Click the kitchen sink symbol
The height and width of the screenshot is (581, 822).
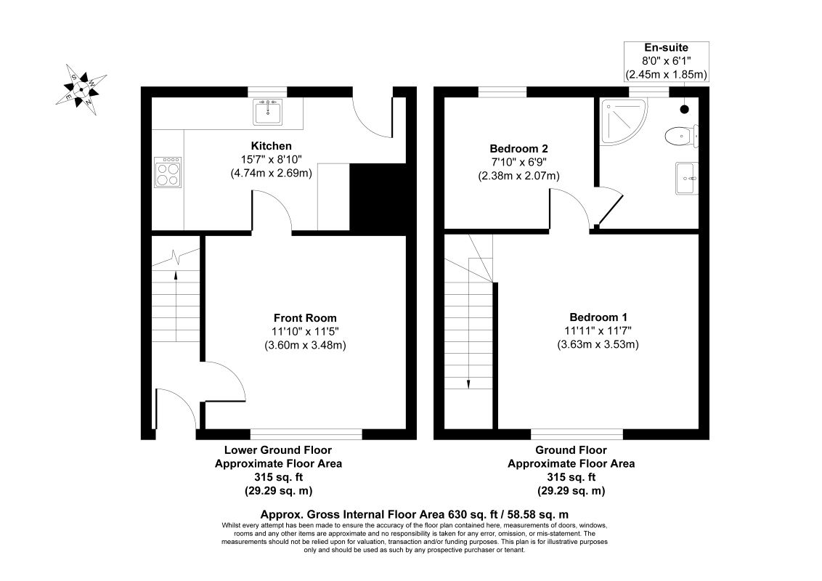(x=267, y=112)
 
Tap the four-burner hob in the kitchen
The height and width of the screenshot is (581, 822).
(x=168, y=172)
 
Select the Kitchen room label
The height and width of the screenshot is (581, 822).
(x=271, y=146)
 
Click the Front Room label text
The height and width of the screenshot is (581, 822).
(x=305, y=318)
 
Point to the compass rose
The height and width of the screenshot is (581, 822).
(x=81, y=89)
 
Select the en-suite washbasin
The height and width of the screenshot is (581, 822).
(x=687, y=178)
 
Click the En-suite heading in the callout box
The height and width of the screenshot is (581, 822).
(x=666, y=48)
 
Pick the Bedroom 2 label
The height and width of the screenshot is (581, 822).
(x=518, y=148)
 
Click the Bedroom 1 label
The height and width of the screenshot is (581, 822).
(x=598, y=317)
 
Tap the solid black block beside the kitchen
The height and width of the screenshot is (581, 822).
(x=378, y=197)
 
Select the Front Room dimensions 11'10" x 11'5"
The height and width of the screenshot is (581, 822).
(x=305, y=331)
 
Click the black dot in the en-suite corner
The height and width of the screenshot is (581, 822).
(x=684, y=109)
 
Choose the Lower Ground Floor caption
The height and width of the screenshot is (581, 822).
(x=278, y=450)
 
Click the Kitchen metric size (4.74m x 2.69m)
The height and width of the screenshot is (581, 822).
(x=271, y=173)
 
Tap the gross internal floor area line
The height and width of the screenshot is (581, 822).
(x=414, y=514)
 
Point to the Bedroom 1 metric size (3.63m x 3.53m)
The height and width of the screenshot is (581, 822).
(x=598, y=344)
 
